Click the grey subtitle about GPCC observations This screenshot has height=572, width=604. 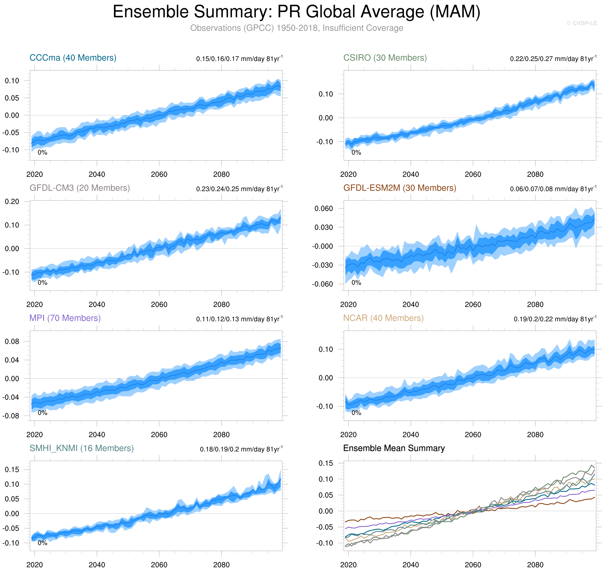coord(297,28)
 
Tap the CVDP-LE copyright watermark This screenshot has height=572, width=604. coord(581,23)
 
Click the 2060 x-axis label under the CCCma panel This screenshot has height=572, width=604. coord(159,174)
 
